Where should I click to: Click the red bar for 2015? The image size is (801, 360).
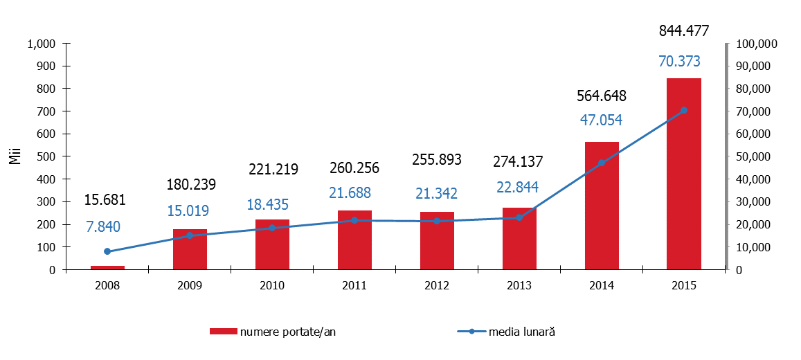click(x=683, y=174)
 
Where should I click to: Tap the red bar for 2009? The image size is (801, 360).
click(x=190, y=249)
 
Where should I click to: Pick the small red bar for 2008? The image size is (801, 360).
click(x=107, y=267)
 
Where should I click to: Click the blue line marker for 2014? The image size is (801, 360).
click(x=602, y=163)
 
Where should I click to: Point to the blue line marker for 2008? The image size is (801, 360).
click(x=107, y=251)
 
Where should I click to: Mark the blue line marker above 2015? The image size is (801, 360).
click(x=684, y=110)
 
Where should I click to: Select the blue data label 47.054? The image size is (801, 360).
click(x=601, y=120)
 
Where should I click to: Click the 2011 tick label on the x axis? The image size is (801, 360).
click(x=354, y=285)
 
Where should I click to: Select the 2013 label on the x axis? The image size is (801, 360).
click(x=519, y=285)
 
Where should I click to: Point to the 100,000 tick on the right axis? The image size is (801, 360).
click(x=758, y=44)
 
